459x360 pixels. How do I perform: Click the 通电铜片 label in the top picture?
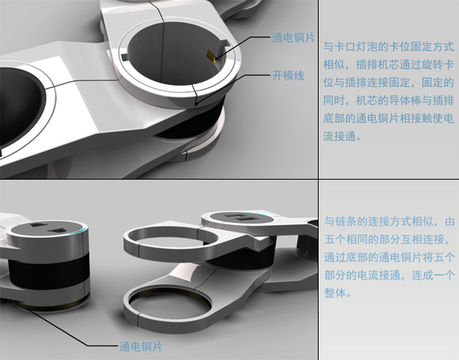click(x=293, y=38)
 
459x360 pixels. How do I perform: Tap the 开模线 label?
click(x=288, y=76)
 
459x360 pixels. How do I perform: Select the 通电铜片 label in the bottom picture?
click(x=140, y=346)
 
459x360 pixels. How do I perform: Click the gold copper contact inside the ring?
click(x=212, y=56)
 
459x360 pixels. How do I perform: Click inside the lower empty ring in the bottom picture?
click(x=170, y=304)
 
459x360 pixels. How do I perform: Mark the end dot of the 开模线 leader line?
click(x=196, y=103)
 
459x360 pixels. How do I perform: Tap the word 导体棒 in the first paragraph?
click(x=404, y=101)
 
